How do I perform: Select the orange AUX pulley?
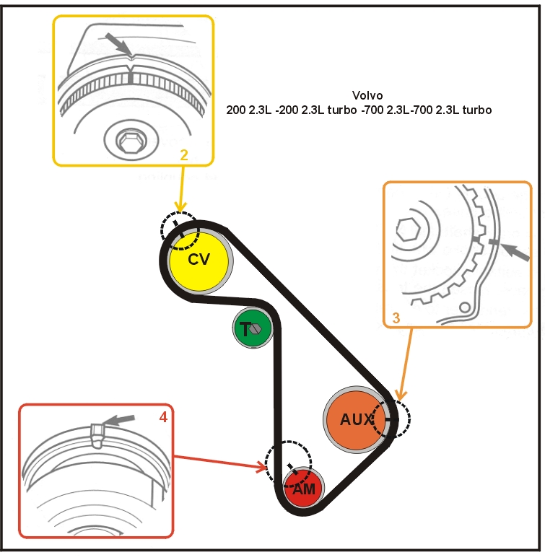click(x=354, y=420)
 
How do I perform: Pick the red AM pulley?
click(x=303, y=489)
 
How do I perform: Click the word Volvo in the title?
click(x=367, y=95)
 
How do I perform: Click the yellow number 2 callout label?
click(x=184, y=154)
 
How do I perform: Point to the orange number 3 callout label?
click(x=396, y=317)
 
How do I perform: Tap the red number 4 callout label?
click(x=163, y=416)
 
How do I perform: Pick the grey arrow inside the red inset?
click(x=119, y=419)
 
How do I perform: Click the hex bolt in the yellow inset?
click(x=131, y=141)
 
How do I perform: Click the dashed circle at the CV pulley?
click(x=178, y=229)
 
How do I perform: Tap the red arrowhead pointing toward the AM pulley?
click(x=263, y=467)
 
